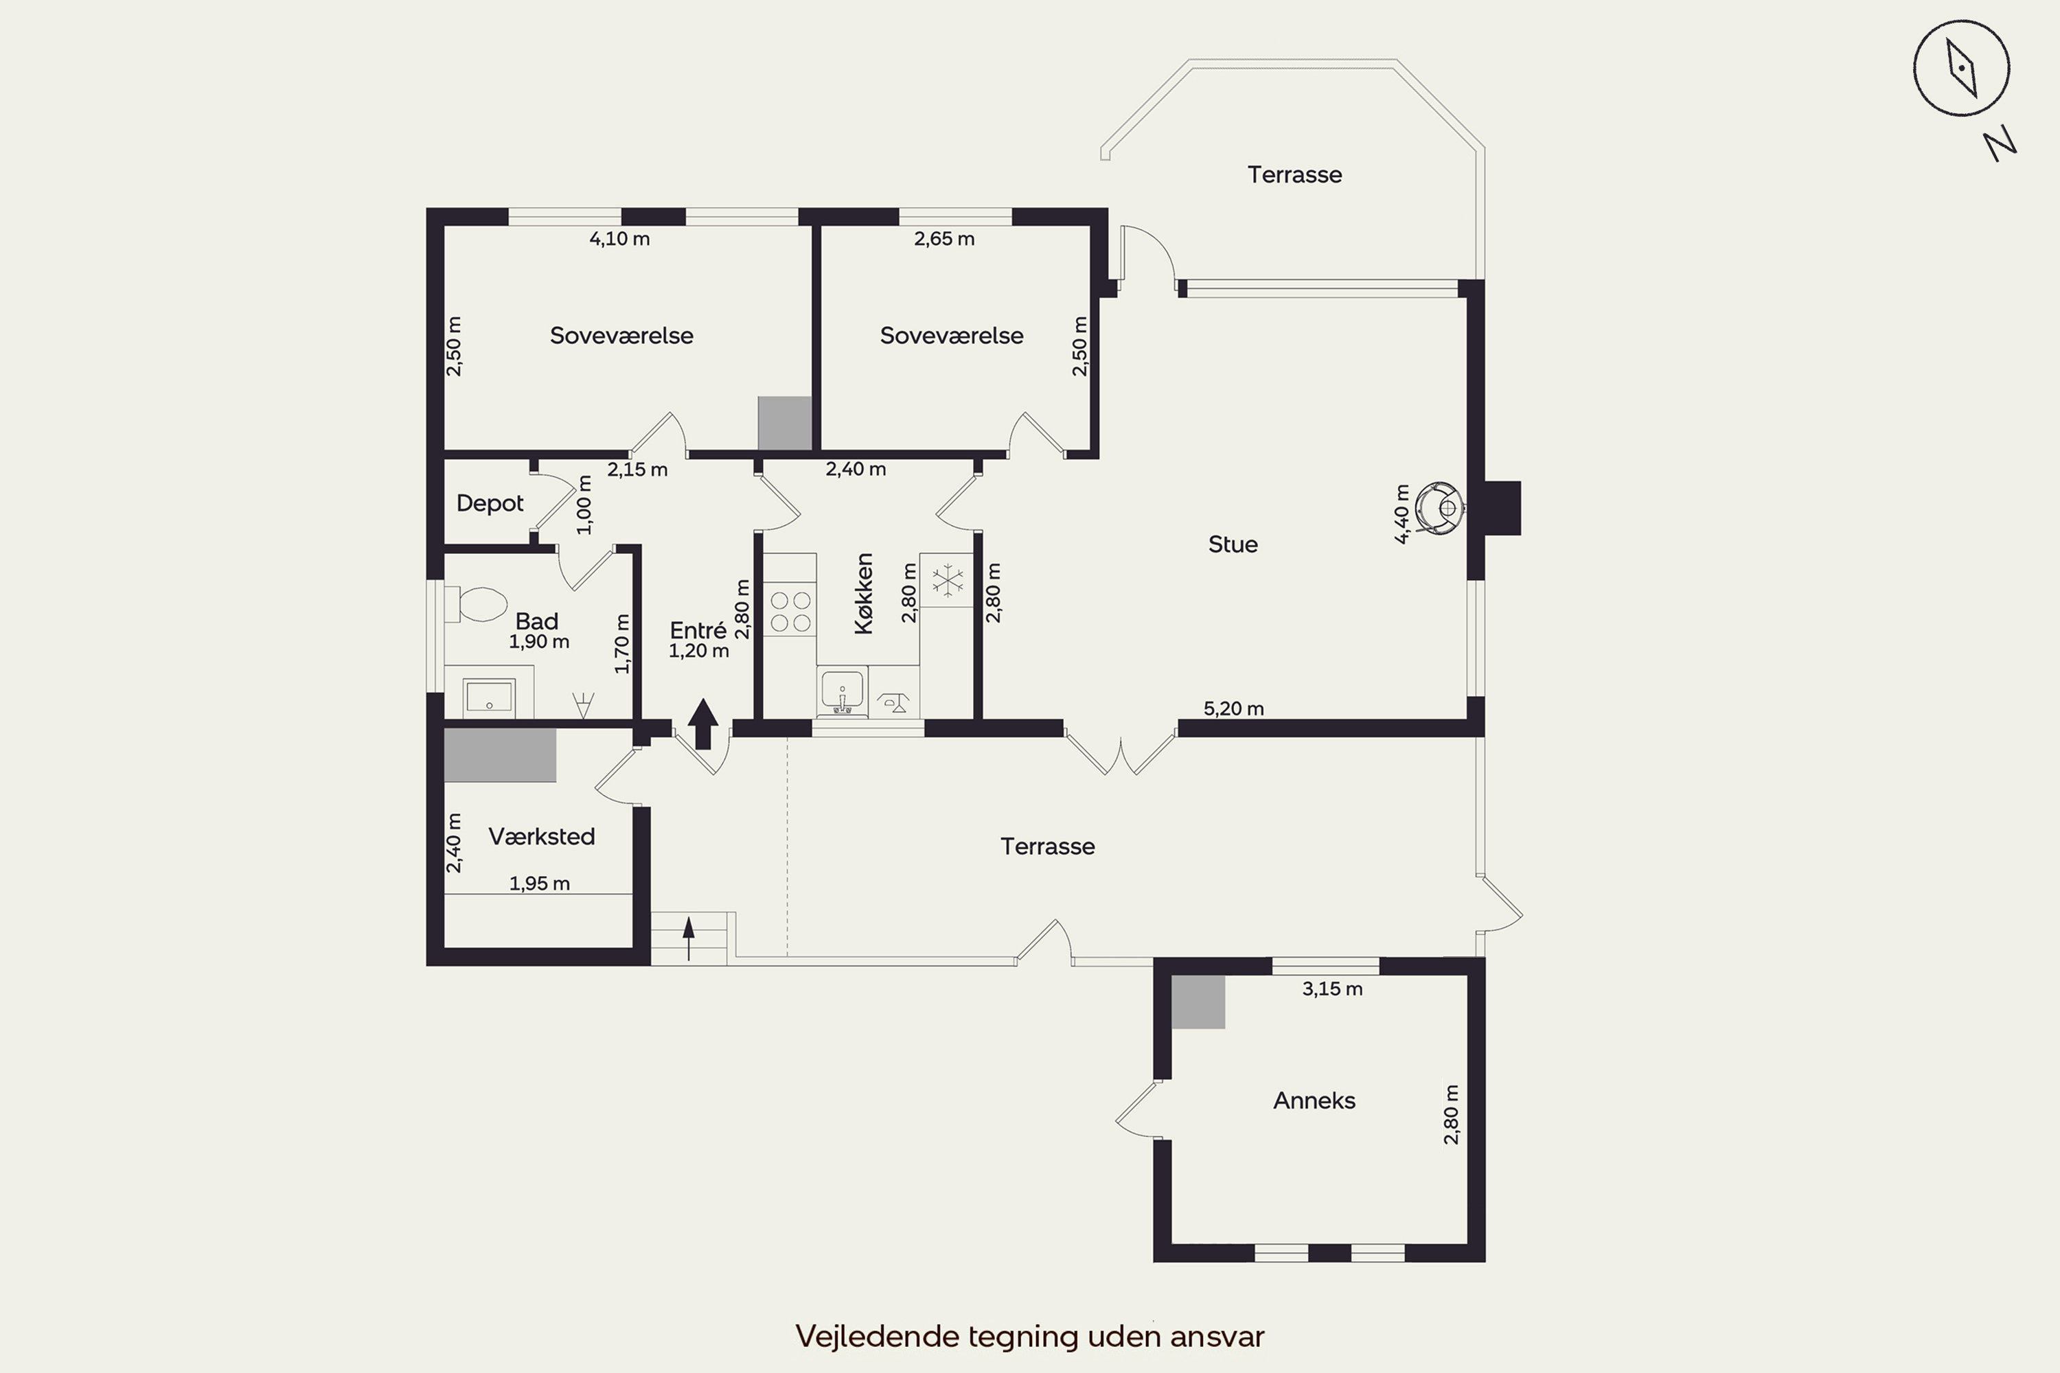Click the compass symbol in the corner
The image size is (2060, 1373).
1961,68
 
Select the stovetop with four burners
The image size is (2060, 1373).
790,611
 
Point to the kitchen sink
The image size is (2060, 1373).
843,690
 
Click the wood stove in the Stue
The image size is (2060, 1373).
1441,508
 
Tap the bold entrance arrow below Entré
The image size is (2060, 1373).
703,724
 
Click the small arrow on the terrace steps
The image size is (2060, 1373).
689,938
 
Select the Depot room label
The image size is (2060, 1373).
490,503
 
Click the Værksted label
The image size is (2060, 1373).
541,836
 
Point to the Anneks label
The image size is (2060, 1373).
1314,1100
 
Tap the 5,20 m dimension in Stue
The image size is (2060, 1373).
1233,708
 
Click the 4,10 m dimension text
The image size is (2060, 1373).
619,238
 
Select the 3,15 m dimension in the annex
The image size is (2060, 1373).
1332,989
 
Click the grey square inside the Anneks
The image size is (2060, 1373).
1198,1002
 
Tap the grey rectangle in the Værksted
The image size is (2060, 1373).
500,754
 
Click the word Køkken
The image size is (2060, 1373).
864,593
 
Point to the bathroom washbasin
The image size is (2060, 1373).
489,697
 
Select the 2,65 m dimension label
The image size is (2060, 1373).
944,238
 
